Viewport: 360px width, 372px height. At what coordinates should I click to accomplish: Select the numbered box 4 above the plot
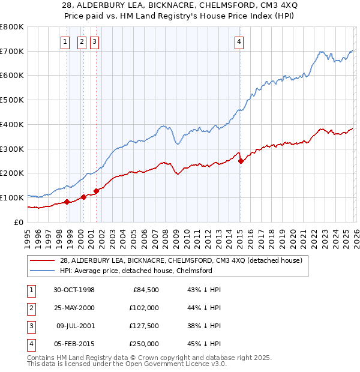tap(239, 42)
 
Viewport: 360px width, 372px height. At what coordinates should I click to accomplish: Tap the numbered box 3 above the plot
tap(95, 42)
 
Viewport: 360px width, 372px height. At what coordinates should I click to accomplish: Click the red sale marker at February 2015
tap(241, 161)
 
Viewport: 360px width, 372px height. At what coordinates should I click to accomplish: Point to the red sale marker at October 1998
tap(67, 202)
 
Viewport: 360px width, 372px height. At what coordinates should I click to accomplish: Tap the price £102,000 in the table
tap(145, 308)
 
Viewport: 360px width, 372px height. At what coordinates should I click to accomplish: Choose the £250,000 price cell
tap(145, 344)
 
